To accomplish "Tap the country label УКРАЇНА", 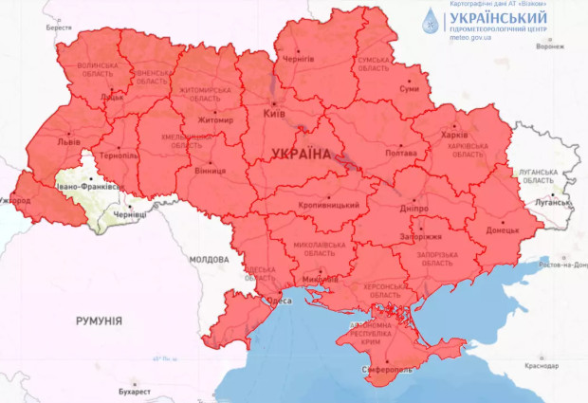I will pos(303,154).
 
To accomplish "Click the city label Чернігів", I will pos(299,58).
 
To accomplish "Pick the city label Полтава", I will pos(400,154).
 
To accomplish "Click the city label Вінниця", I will pos(210,173).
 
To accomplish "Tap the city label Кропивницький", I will pos(330,205).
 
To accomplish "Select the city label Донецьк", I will pos(503,230).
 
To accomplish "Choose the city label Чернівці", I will pos(130,216).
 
